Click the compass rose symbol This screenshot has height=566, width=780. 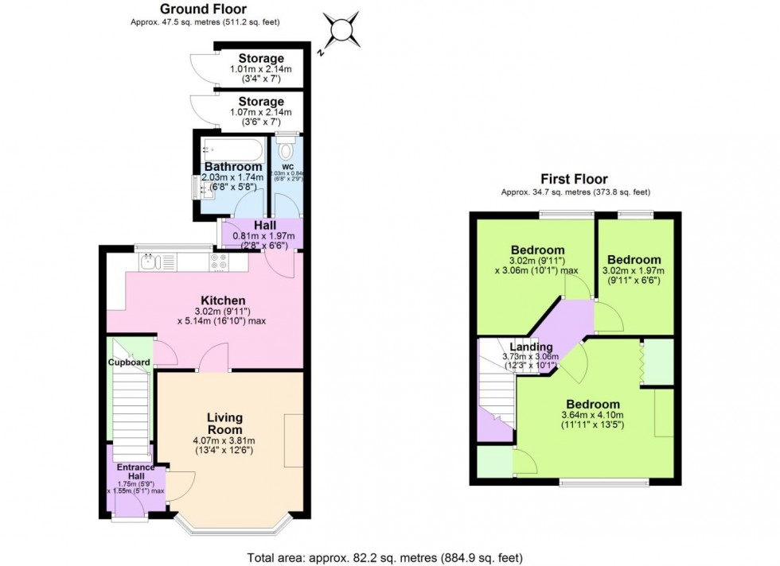coord(341,31)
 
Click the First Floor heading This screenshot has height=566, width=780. coord(575,179)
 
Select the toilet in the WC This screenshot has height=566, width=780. coord(287,149)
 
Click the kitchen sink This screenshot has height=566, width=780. coord(150,262)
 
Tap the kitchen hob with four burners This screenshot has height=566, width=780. coord(219,262)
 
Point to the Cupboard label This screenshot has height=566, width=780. coord(129,362)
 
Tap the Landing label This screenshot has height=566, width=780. coord(531,347)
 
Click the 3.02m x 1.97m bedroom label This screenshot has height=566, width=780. coord(634,260)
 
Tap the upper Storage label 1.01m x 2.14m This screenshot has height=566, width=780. coord(261,59)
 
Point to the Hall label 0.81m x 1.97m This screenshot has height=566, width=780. coord(260,226)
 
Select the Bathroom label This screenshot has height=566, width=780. coord(232,166)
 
